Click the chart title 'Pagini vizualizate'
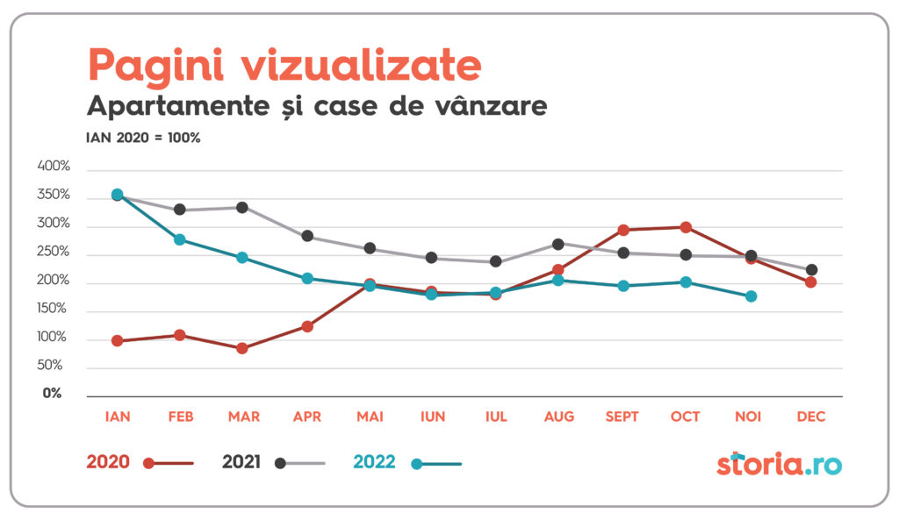(x=284, y=65)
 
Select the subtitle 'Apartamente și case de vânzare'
(x=317, y=107)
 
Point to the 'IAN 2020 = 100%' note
(x=143, y=138)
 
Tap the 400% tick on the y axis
(x=54, y=167)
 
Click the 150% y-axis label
(x=54, y=309)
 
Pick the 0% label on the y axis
(x=54, y=394)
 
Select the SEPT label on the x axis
(x=622, y=417)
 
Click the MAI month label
(x=369, y=417)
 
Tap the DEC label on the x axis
(x=811, y=417)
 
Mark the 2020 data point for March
(x=242, y=348)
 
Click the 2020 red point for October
(x=686, y=227)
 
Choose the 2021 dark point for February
(x=179, y=210)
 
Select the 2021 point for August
(x=558, y=244)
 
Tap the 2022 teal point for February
(x=179, y=239)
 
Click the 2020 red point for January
(x=117, y=341)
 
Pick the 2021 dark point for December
(x=811, y=270)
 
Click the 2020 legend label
(x=108, y=462)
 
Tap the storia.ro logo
(x=779, y=462)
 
